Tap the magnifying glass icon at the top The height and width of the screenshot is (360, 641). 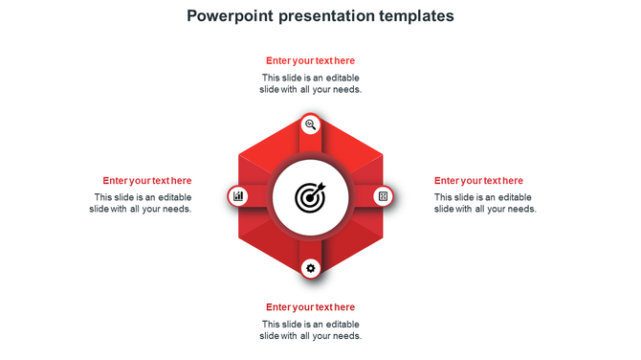click(310, 124)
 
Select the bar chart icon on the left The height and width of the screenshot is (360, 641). click(238, 196)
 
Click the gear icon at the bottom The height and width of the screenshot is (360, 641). click(310, 269)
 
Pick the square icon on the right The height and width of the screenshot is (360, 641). click(383, 196)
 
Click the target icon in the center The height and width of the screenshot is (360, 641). click(310, 197)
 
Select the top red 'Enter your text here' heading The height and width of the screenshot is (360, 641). click(310, 60)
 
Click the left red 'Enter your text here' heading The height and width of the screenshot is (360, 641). click(147, 180)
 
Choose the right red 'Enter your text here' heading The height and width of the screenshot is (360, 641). click(478, 180)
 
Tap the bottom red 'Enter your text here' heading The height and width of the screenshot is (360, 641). click(310, 307)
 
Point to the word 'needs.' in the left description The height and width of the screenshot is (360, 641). click(176, 209)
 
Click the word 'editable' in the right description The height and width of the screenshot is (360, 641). click(513, 197)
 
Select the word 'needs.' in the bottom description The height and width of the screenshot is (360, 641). click(345, 336)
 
